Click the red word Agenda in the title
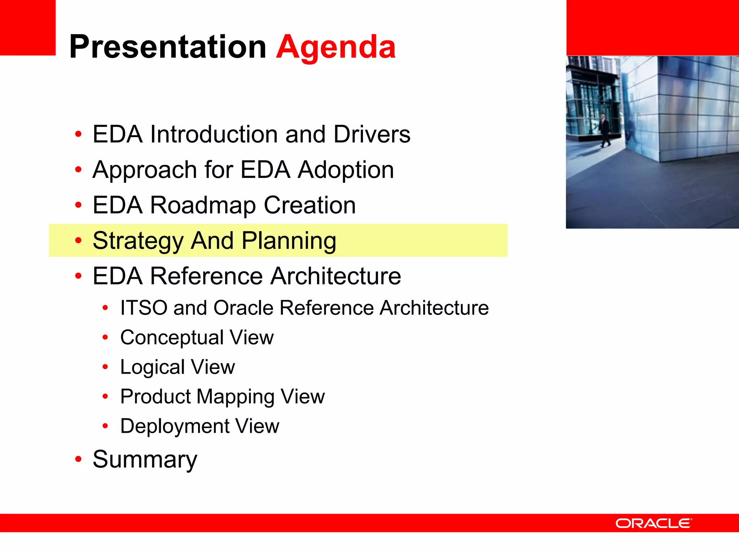click(336, 47)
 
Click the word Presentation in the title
click(168, 47)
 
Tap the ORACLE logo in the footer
click(653, 523)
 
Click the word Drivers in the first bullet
click(372, 134)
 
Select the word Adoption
click(346, 170)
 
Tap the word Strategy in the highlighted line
click(138, 241)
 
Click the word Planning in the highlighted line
click(289, 241)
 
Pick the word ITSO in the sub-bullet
click(144, 308)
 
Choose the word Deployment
click(175, 426)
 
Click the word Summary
click(145, 460)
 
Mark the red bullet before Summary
click(78, 459)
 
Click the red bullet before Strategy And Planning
click(78, 240)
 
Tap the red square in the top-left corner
click(27, 27)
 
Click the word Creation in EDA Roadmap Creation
click(310, 205)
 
